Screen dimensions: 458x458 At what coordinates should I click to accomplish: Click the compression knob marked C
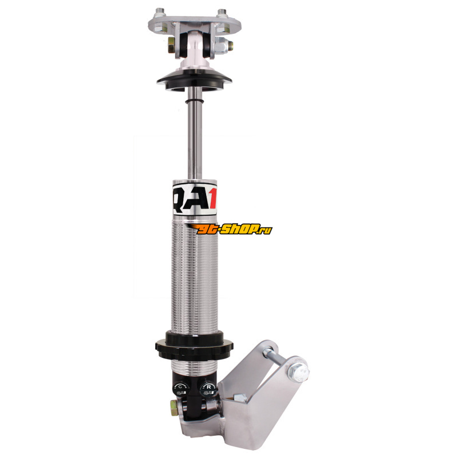[x=181, y=389]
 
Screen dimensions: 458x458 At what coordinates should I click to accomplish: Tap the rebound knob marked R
[x=208, y=388]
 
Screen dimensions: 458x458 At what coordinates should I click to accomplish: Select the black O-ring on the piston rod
[x=194, y=101]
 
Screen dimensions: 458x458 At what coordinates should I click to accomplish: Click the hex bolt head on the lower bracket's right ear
[x=298, y=373]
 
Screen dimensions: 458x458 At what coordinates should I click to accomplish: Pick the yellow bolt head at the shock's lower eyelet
[x=174, y=406]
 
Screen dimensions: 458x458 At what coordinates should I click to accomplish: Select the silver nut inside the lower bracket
[x=240, y=398]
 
